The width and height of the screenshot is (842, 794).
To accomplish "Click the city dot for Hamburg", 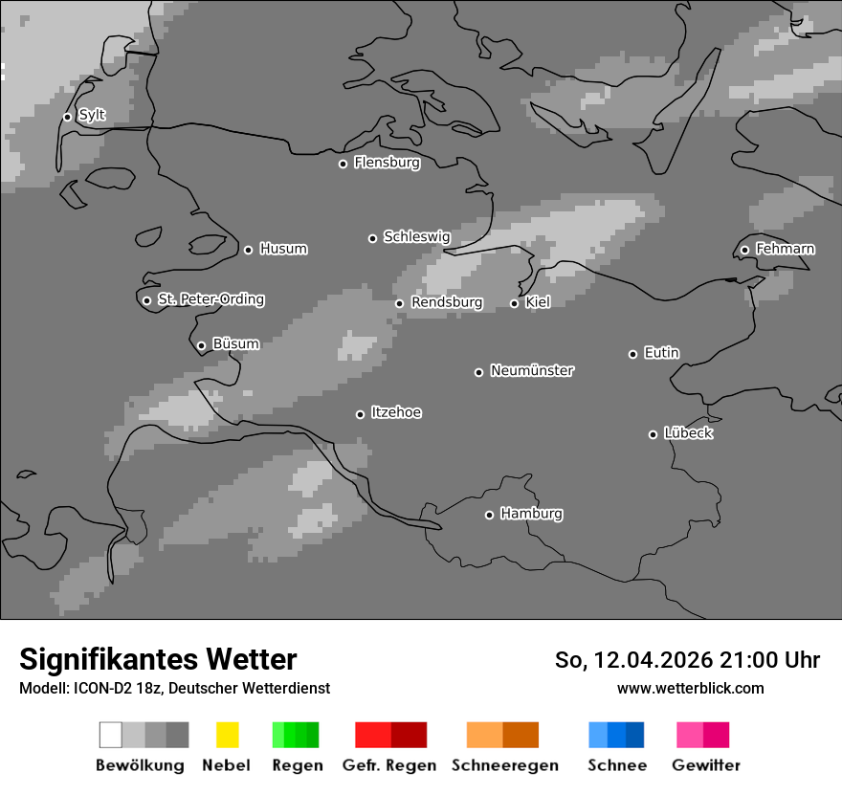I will [489, 515].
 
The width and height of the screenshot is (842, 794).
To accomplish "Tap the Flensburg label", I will [387, 163].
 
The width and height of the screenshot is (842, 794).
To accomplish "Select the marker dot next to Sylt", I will [67, 117].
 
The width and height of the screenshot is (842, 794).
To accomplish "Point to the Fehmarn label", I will [785, 249].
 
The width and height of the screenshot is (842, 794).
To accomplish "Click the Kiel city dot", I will [514, 303].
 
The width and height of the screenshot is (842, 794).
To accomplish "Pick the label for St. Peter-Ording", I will [210, 299].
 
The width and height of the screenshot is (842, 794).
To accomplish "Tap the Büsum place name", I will [235, 343].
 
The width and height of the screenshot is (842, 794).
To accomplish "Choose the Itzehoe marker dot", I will [360, 414].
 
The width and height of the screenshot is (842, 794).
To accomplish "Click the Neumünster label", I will [531, 370].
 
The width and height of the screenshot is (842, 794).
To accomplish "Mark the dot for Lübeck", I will [653, 434].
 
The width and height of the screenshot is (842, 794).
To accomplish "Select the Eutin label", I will [661, 353].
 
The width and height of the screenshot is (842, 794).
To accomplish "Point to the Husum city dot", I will [248, 250].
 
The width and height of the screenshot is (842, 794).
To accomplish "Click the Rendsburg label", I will [446, 302].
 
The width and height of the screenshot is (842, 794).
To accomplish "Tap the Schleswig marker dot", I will [372, 238].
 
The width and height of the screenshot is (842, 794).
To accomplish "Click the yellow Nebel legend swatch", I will [227, 735].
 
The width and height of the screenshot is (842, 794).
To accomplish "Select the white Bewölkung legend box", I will [110, 735].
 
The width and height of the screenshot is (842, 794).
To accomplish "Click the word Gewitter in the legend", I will [705, 765].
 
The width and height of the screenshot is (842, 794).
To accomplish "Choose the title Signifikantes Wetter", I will [158, 659].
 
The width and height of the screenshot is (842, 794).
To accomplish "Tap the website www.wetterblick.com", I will [690, 688].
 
